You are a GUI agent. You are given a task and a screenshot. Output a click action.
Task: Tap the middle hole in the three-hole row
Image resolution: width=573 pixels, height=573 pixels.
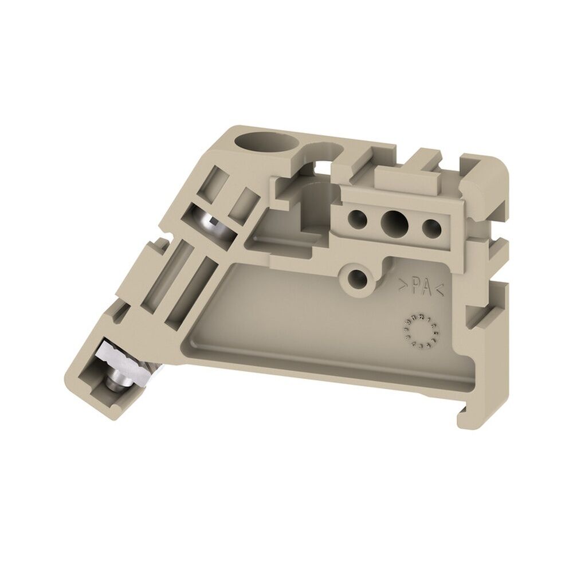393,219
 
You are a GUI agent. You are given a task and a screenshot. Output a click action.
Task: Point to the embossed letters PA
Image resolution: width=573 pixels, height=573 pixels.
420,288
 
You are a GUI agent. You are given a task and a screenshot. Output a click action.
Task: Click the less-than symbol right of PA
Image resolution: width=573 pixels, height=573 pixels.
439,291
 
